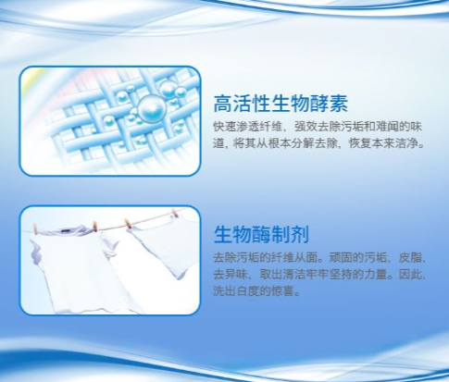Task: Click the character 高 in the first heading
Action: click(x=223, y=104)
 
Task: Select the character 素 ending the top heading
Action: click(x=338, y=104)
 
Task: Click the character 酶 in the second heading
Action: click(x=261, y=235)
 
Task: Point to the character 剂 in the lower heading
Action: click(x=300, y=235)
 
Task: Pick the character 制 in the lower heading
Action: click(x=281, y=235)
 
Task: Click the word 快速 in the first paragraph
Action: click(x=224, y=127)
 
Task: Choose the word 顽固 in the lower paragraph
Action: click(x=341, y=257)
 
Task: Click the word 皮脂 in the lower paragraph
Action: click(x=410, y=257)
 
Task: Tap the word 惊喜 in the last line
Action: click(x=282, y=290)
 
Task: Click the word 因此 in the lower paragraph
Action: click(x=410, y=274)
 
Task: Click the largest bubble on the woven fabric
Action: click(x=152, y=108)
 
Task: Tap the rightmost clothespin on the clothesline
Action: click(x=175, y=213)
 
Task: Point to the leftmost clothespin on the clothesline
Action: click(x=36, y=229)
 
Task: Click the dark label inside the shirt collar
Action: click(x=65, y=230)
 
